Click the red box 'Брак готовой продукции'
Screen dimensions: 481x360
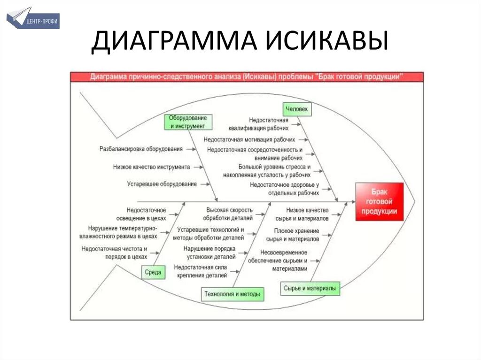380,202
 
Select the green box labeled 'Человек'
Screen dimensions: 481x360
297,109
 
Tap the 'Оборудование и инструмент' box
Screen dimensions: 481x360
188,122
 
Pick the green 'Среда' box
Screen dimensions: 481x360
153,272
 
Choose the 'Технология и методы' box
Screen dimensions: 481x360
232,294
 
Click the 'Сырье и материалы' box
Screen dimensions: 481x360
310,288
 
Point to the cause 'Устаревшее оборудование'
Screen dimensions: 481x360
162,184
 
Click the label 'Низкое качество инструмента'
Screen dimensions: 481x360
151,167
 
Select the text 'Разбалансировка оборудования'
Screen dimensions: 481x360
140,149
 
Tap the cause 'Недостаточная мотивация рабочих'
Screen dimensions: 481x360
249,139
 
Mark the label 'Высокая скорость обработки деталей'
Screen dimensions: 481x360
229,214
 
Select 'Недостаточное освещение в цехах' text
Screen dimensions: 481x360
146,214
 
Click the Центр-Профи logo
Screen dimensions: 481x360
33,18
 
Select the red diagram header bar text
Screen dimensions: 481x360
247,77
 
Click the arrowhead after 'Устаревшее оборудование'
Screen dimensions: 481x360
207,184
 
